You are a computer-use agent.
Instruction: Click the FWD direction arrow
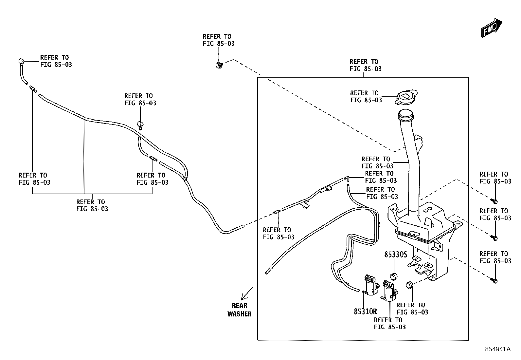point(492,28)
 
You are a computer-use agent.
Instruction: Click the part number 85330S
point(396,255)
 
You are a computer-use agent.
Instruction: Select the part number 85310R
point(365,311)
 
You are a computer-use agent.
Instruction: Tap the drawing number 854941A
point(498,349)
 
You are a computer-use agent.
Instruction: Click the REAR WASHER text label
point(240,310)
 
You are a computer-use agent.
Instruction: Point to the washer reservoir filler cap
point(406,97)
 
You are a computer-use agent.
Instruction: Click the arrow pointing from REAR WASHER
point(246,294)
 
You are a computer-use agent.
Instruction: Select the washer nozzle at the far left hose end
point(21,62)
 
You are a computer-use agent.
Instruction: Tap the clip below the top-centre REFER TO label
point(219,65)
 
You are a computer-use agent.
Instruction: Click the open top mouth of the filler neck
point(406,114)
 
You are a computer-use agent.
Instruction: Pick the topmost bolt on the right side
point(494,201)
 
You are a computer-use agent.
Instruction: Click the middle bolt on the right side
point(494,238)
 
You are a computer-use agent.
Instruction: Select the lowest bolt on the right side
point(494,281)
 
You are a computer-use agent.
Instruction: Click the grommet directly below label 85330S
point(394,276)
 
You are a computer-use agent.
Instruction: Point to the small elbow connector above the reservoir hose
point(347,179)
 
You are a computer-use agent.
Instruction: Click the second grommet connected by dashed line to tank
point(409,285)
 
